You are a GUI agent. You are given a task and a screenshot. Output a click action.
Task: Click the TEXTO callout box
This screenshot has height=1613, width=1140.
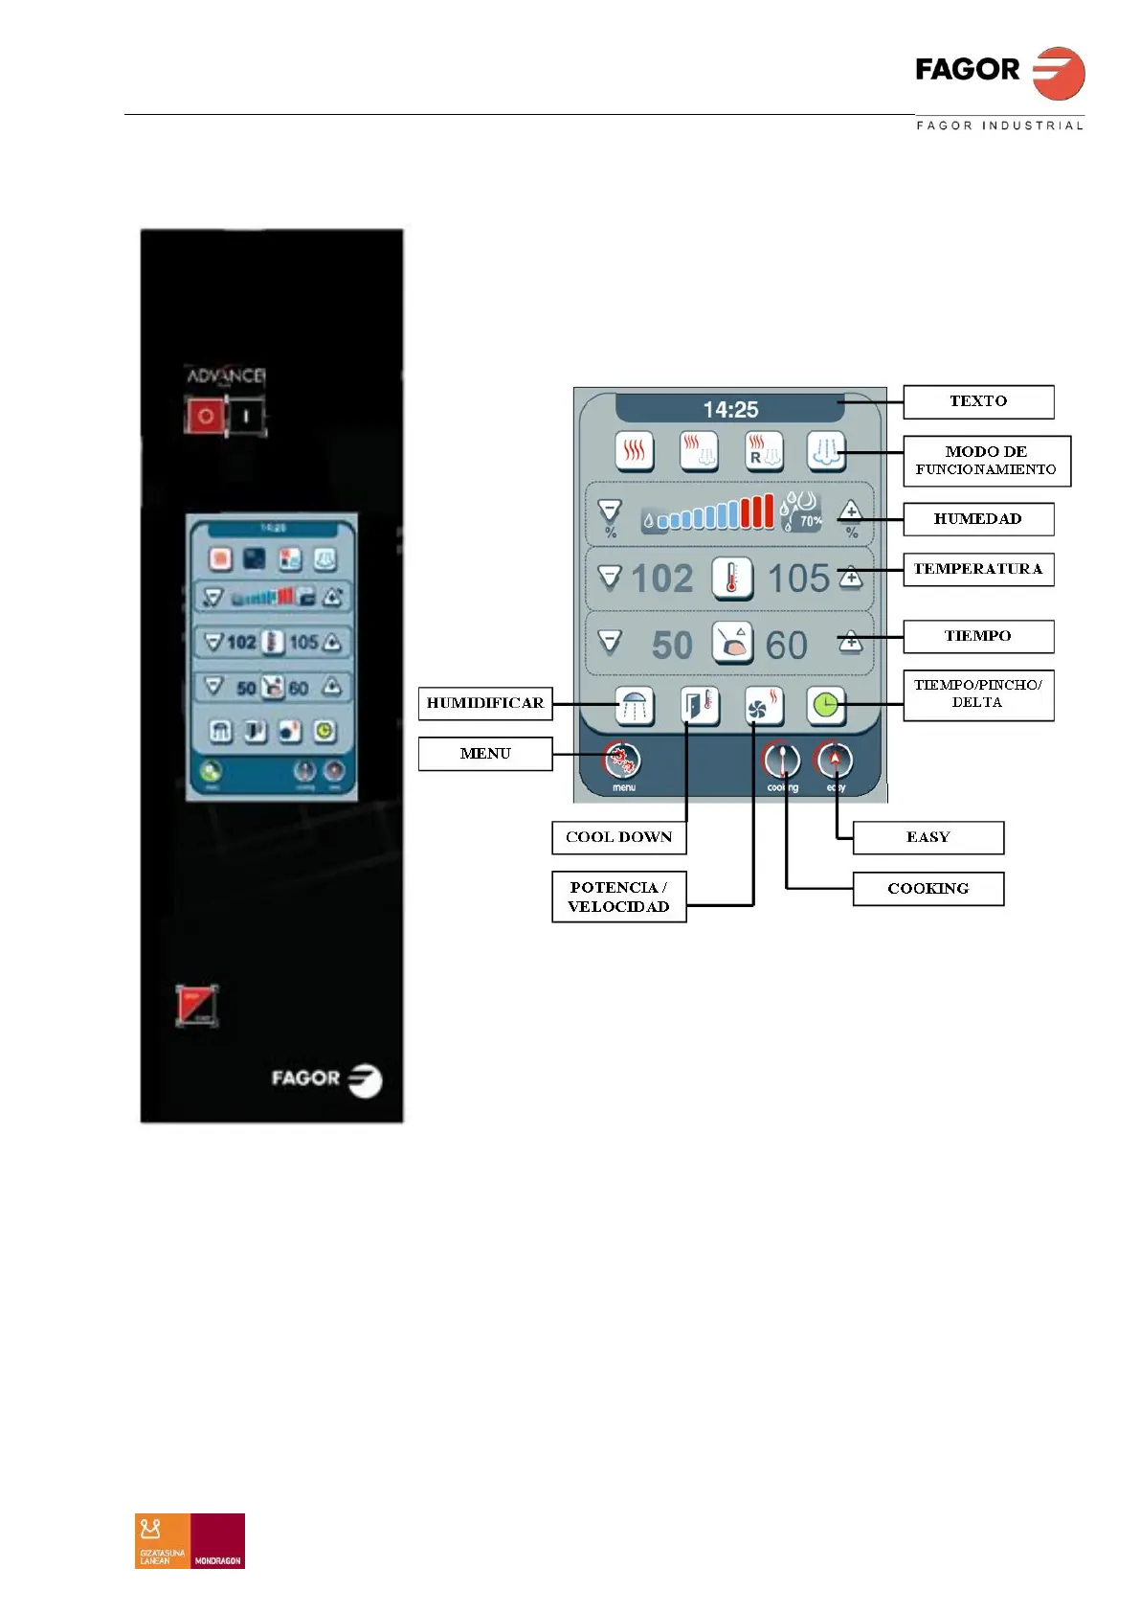pyautogui.click(x=977, y=401)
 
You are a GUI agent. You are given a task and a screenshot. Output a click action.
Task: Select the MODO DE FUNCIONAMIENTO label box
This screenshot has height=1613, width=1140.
pyautogui.click(x=986, y=461)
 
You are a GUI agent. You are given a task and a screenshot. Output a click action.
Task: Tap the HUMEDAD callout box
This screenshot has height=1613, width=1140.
pyautogui.click(x=977, y=519)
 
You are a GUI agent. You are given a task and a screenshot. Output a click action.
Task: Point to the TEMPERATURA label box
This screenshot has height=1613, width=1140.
pyautogui.click(x=977, y=569)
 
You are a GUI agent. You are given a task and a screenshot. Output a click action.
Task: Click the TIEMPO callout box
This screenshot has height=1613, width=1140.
pyautogui.click(x=977, y=636)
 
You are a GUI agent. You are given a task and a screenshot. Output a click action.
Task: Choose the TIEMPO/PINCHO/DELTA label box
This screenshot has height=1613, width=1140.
pyautogui.click(x=977, y=694)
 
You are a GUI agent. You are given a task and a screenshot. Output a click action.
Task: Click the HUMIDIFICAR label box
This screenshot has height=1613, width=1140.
pyautogui.click(x=485, y=703)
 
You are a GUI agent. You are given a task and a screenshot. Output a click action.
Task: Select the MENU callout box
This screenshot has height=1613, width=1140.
pyautogui.click(x=485, y=754)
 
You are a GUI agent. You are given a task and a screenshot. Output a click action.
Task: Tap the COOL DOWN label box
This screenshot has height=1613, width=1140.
pyautogui.click(x=618, y=837)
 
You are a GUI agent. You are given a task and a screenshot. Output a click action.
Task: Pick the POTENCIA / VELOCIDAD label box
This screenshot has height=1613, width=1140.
pyautogui.click(x=618, y=897)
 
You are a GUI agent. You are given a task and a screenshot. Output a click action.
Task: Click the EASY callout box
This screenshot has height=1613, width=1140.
pyautogui.click(x=928, y=837)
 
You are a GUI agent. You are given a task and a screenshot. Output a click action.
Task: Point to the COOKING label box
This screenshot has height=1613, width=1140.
pyautogui.click(x=928, y=889)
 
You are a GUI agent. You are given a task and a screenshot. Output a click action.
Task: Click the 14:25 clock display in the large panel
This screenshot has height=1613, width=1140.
pyautogui.click(x=730, y=410)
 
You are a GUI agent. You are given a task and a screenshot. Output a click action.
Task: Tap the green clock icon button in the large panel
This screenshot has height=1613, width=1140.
pyautogui.click(x=825, y=707)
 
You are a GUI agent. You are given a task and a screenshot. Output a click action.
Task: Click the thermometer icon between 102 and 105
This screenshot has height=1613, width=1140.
pyautogui.click(x=732, y=579)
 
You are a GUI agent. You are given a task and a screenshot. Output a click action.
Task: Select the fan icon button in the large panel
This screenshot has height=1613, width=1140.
pyautogui.click(x=763, y=707)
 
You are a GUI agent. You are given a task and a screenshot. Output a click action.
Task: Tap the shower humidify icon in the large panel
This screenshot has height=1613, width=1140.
pyautogui.click(x=634, y=707)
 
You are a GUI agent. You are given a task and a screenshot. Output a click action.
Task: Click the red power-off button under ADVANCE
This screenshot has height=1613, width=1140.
pyautogui.click(x=205, y=417)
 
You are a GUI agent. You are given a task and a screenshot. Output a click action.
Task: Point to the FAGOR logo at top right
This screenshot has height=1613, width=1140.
pyautogui.click(x=999, y=73)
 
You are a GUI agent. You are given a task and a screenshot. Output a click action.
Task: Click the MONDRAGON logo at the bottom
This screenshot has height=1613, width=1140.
pyautogui.click(x=218, y=1540)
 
